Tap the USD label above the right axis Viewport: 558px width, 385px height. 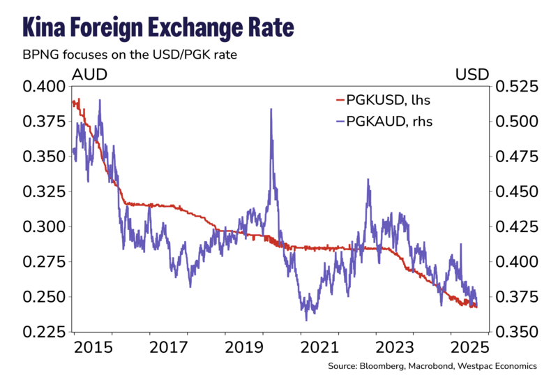click(472, 73)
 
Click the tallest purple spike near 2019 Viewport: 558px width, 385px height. click(271, 110)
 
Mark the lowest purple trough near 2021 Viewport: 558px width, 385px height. click(306, 319)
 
